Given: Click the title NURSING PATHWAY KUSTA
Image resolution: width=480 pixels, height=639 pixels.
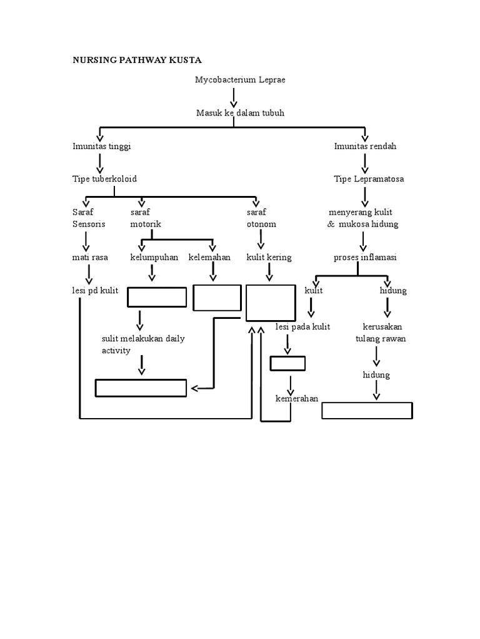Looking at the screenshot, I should (137, 60).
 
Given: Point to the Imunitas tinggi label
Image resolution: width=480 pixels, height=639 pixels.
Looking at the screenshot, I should (101, 146).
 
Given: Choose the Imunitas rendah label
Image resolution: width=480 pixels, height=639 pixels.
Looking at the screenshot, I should (365, 146).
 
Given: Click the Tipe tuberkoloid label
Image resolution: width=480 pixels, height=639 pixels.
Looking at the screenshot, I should (104, 178).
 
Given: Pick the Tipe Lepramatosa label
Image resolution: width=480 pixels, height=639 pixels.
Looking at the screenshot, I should (369, 178).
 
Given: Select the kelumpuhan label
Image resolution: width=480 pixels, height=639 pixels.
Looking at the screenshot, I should (154, 257).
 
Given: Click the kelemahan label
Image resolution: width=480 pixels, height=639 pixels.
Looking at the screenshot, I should (209, 257).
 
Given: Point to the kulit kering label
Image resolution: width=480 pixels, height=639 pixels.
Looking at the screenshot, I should (269, 257).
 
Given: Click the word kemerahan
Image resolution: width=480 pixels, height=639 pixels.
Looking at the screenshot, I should (297, 399).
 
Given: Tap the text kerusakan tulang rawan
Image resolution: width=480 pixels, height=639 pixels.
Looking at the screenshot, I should (381, 333).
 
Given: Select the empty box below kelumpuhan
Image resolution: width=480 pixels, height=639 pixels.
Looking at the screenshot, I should (157, 297).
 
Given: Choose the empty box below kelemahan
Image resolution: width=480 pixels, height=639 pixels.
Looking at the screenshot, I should (217, 297).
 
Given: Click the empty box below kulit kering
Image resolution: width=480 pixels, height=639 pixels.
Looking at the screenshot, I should (271, 302).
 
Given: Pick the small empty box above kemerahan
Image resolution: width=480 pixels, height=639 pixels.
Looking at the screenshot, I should (287, 363).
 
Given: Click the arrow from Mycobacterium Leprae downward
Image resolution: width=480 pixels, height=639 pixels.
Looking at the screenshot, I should (234, 97).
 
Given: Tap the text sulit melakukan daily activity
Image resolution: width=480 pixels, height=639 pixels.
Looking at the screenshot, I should (143, 344).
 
